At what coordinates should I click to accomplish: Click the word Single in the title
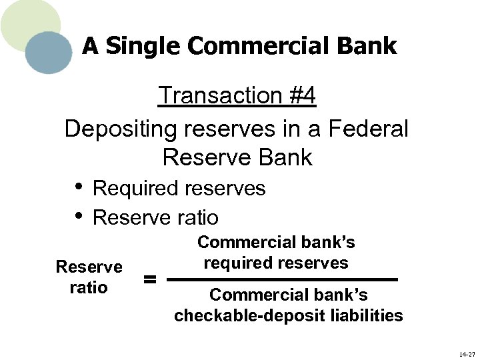point(144,46)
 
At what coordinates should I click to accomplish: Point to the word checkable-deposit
point(250,315)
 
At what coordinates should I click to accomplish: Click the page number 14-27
point(467,353)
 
